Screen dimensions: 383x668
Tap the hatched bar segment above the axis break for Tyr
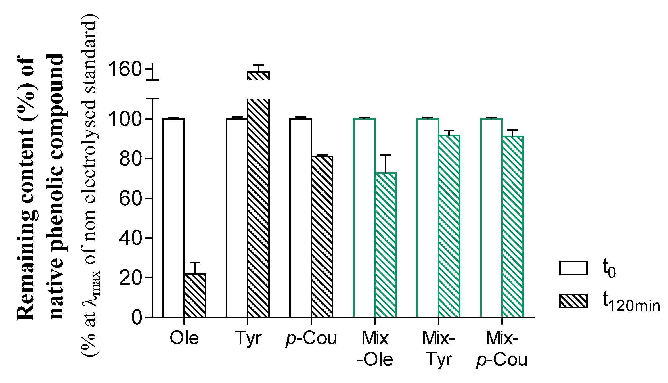[x=258, y=76]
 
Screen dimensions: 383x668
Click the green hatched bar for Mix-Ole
[x=385, y=245]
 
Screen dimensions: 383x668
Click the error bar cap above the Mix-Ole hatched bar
[x=385, y=155]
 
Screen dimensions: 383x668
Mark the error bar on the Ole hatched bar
[x=195, y=267]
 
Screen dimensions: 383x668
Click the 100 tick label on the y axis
[x=125, y=119]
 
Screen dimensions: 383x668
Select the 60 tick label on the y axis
[x=130, y=198]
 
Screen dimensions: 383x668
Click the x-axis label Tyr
[x=248, y=338]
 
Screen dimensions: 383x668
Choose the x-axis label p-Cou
[x=311, y=339]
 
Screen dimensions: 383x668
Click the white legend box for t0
[x=573, y=268]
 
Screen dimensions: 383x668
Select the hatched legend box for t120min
[x=573, y=301]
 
